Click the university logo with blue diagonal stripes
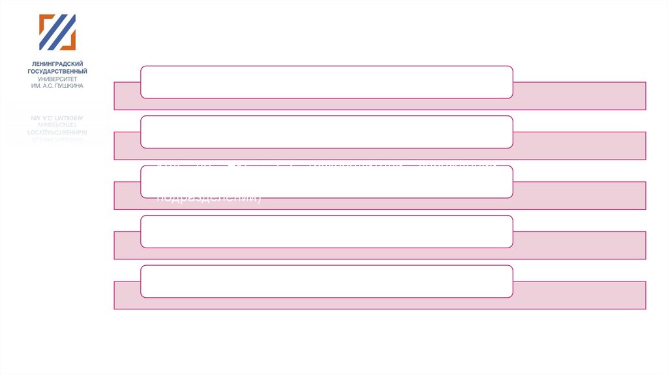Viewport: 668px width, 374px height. [57, 33]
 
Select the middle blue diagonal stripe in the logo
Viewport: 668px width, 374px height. [57, 33]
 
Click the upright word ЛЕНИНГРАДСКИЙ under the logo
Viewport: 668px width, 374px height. [57, 64]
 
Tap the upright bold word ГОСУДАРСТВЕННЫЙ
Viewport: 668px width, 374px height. [57, 71]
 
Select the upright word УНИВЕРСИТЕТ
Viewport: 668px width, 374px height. [57, 78]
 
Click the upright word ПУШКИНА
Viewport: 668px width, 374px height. [70, 85]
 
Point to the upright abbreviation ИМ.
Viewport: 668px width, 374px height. [37, 85]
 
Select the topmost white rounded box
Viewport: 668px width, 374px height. [326, 81]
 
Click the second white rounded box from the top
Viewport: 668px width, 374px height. [326, 132]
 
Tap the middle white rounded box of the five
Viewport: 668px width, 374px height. [326, 181]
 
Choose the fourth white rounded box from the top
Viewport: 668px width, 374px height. [326, 231]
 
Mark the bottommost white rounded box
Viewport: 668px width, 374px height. [326, 281]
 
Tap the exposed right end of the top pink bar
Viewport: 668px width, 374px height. [579, 96]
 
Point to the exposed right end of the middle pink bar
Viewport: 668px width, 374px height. [579, 195]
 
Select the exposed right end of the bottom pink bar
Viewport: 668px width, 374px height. [579, 295]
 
